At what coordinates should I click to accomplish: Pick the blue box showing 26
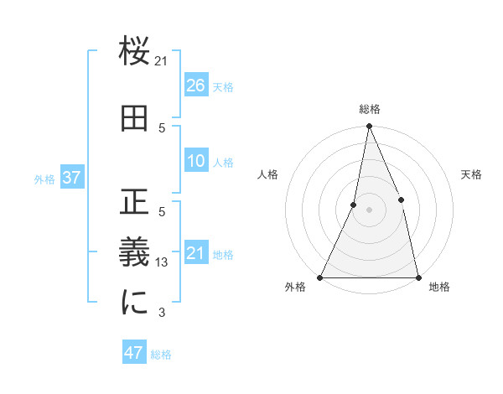(x=195, y=85)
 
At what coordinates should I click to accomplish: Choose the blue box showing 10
(x=195, y=162)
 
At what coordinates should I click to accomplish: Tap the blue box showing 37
(x=71, y=178)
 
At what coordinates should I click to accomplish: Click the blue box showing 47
(x=134, y=353)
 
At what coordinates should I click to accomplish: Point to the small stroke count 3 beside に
(x=162, y=314)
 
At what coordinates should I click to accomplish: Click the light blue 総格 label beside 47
(x=161, y=355)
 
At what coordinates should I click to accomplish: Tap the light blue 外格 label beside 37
(x=44, y=179)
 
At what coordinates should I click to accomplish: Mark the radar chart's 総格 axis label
(x=369, y=109)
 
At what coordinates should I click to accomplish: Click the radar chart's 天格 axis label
(x=471, y=174)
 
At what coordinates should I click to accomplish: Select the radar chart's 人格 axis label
(x=267, y=174)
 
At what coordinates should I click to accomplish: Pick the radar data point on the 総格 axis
(x=369, y=127)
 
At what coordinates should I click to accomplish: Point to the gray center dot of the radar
(x=369, y=210)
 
